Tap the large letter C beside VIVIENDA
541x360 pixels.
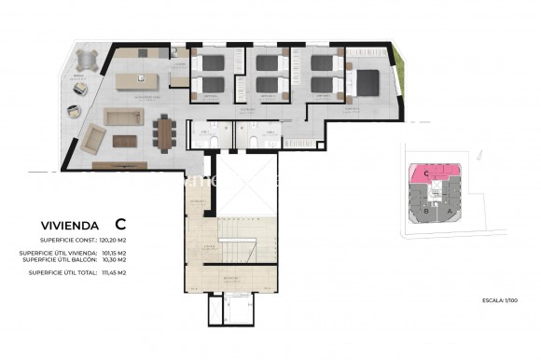[120, 224]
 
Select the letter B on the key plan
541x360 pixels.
[425, 211]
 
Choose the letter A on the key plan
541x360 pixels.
[451, 211]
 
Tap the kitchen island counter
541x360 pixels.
[140, 81]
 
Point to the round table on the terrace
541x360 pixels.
[87, 60]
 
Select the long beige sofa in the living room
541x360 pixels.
[122, 117]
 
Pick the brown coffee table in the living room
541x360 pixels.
[124, 141]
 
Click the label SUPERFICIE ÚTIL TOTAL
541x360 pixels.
[63, 272]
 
